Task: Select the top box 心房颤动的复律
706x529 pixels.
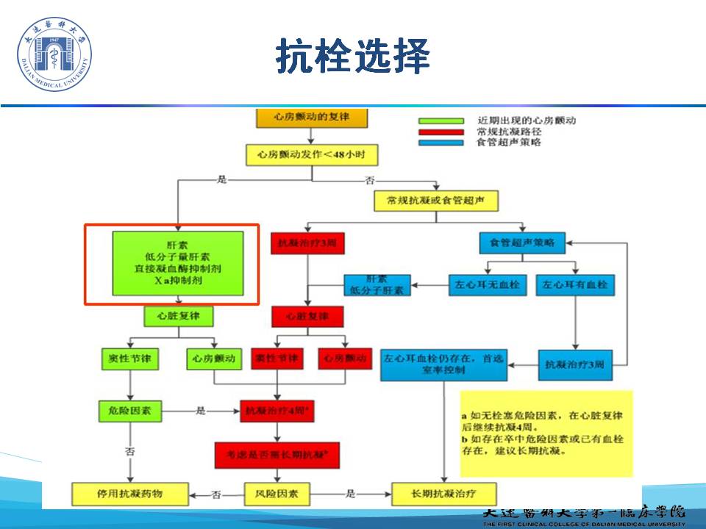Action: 312,118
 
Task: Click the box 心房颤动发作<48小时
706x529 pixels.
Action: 312,154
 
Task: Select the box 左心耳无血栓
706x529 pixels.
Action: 488,284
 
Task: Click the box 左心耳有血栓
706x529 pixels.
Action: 575,284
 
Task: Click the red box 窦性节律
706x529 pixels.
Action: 277,359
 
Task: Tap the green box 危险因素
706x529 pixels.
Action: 130,411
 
